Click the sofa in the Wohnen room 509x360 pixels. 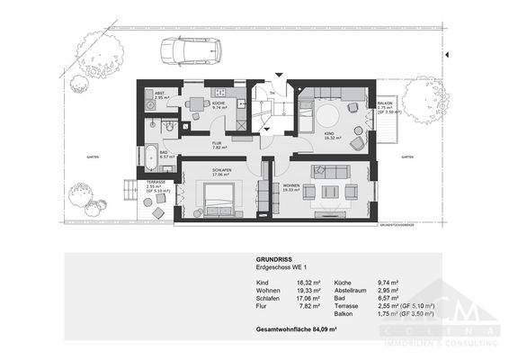332,172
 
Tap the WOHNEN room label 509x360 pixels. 290,188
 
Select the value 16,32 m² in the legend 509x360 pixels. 308,283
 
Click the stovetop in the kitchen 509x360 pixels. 219,92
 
